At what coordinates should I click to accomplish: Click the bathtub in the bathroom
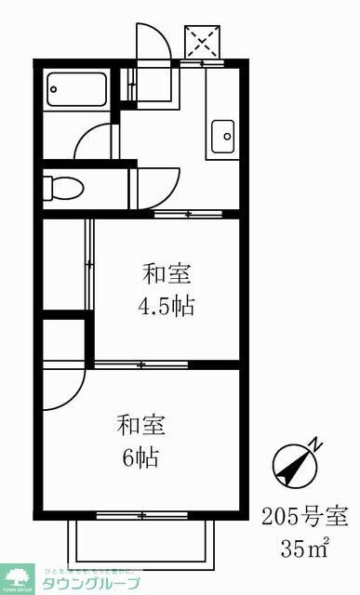pyautogui.click(x=77, y=91)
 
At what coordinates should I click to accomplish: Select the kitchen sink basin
pyautogui.click(x=223, y=138)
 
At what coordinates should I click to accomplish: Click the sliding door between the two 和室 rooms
pyautogui.click(x=140, y=364)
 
